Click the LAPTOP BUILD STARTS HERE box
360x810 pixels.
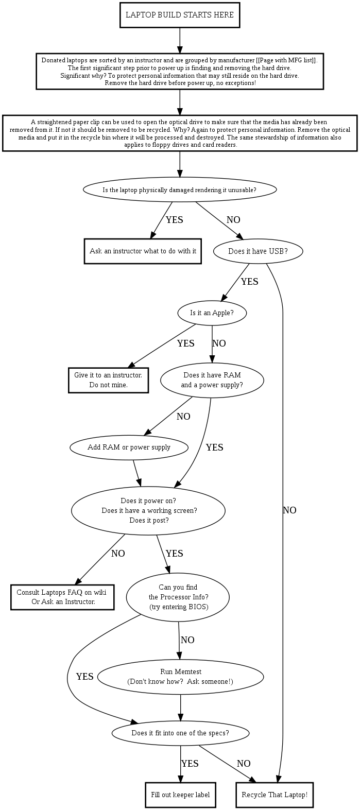[180, 15]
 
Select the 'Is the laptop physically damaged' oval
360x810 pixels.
[180, 189]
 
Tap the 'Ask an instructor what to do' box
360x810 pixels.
[143, 251]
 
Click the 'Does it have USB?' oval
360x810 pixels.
[258, 251]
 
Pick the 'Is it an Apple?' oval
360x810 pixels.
[212, 313]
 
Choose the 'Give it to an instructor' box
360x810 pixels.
[108, 380]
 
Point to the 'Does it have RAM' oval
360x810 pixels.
[212, 380]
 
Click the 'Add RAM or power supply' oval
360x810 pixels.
[129, 447]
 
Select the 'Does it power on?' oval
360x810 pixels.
[148, 510]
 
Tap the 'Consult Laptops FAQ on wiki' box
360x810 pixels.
[62, 597]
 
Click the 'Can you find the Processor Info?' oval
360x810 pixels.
[179, 597]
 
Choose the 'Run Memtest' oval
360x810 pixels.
[180, 677]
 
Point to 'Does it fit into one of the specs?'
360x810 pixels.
[180, 733]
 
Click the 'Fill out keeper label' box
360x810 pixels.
[180, 795]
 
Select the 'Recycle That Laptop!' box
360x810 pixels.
[275, 795]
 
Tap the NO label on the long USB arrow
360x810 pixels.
[289, 510]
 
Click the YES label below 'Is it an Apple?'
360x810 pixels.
[185, 343]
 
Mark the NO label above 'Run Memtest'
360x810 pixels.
[187, 640]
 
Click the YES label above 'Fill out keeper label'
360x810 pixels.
[190, 764]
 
